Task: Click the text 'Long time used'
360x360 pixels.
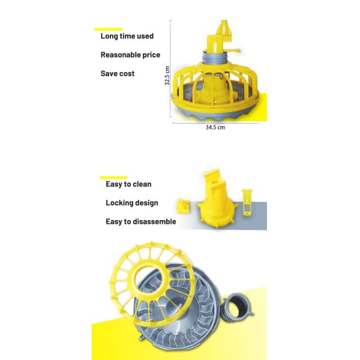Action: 127,36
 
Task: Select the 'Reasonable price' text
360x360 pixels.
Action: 130,55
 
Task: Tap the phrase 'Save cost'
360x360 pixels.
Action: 118,73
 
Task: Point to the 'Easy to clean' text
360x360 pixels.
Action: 128,184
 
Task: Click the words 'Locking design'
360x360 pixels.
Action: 132,203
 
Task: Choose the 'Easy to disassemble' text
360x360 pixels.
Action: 141,221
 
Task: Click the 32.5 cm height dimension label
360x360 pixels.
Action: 167,76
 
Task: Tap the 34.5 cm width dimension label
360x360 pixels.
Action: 215,127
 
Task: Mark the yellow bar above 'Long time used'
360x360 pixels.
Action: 109,29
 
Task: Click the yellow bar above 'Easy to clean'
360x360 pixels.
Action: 113,178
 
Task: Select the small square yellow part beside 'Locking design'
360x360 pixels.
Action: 183,206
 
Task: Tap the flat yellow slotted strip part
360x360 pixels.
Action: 247,202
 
